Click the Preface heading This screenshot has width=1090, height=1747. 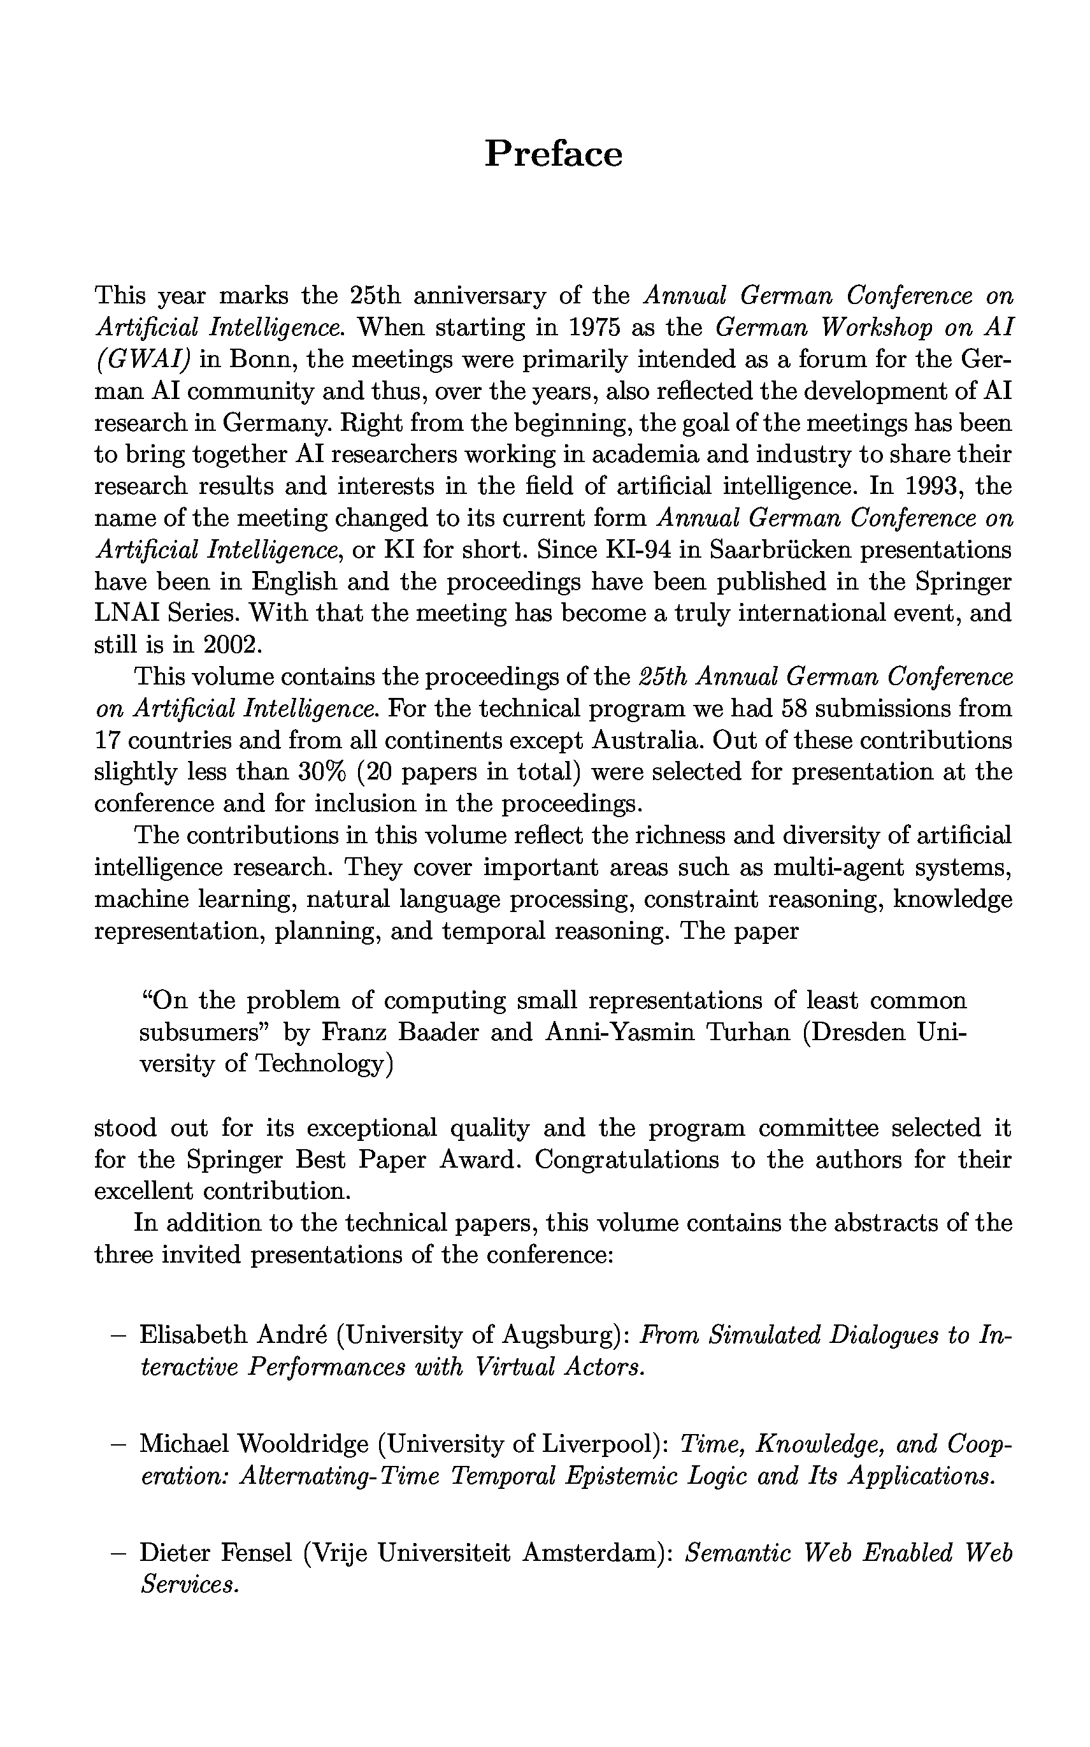553,154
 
